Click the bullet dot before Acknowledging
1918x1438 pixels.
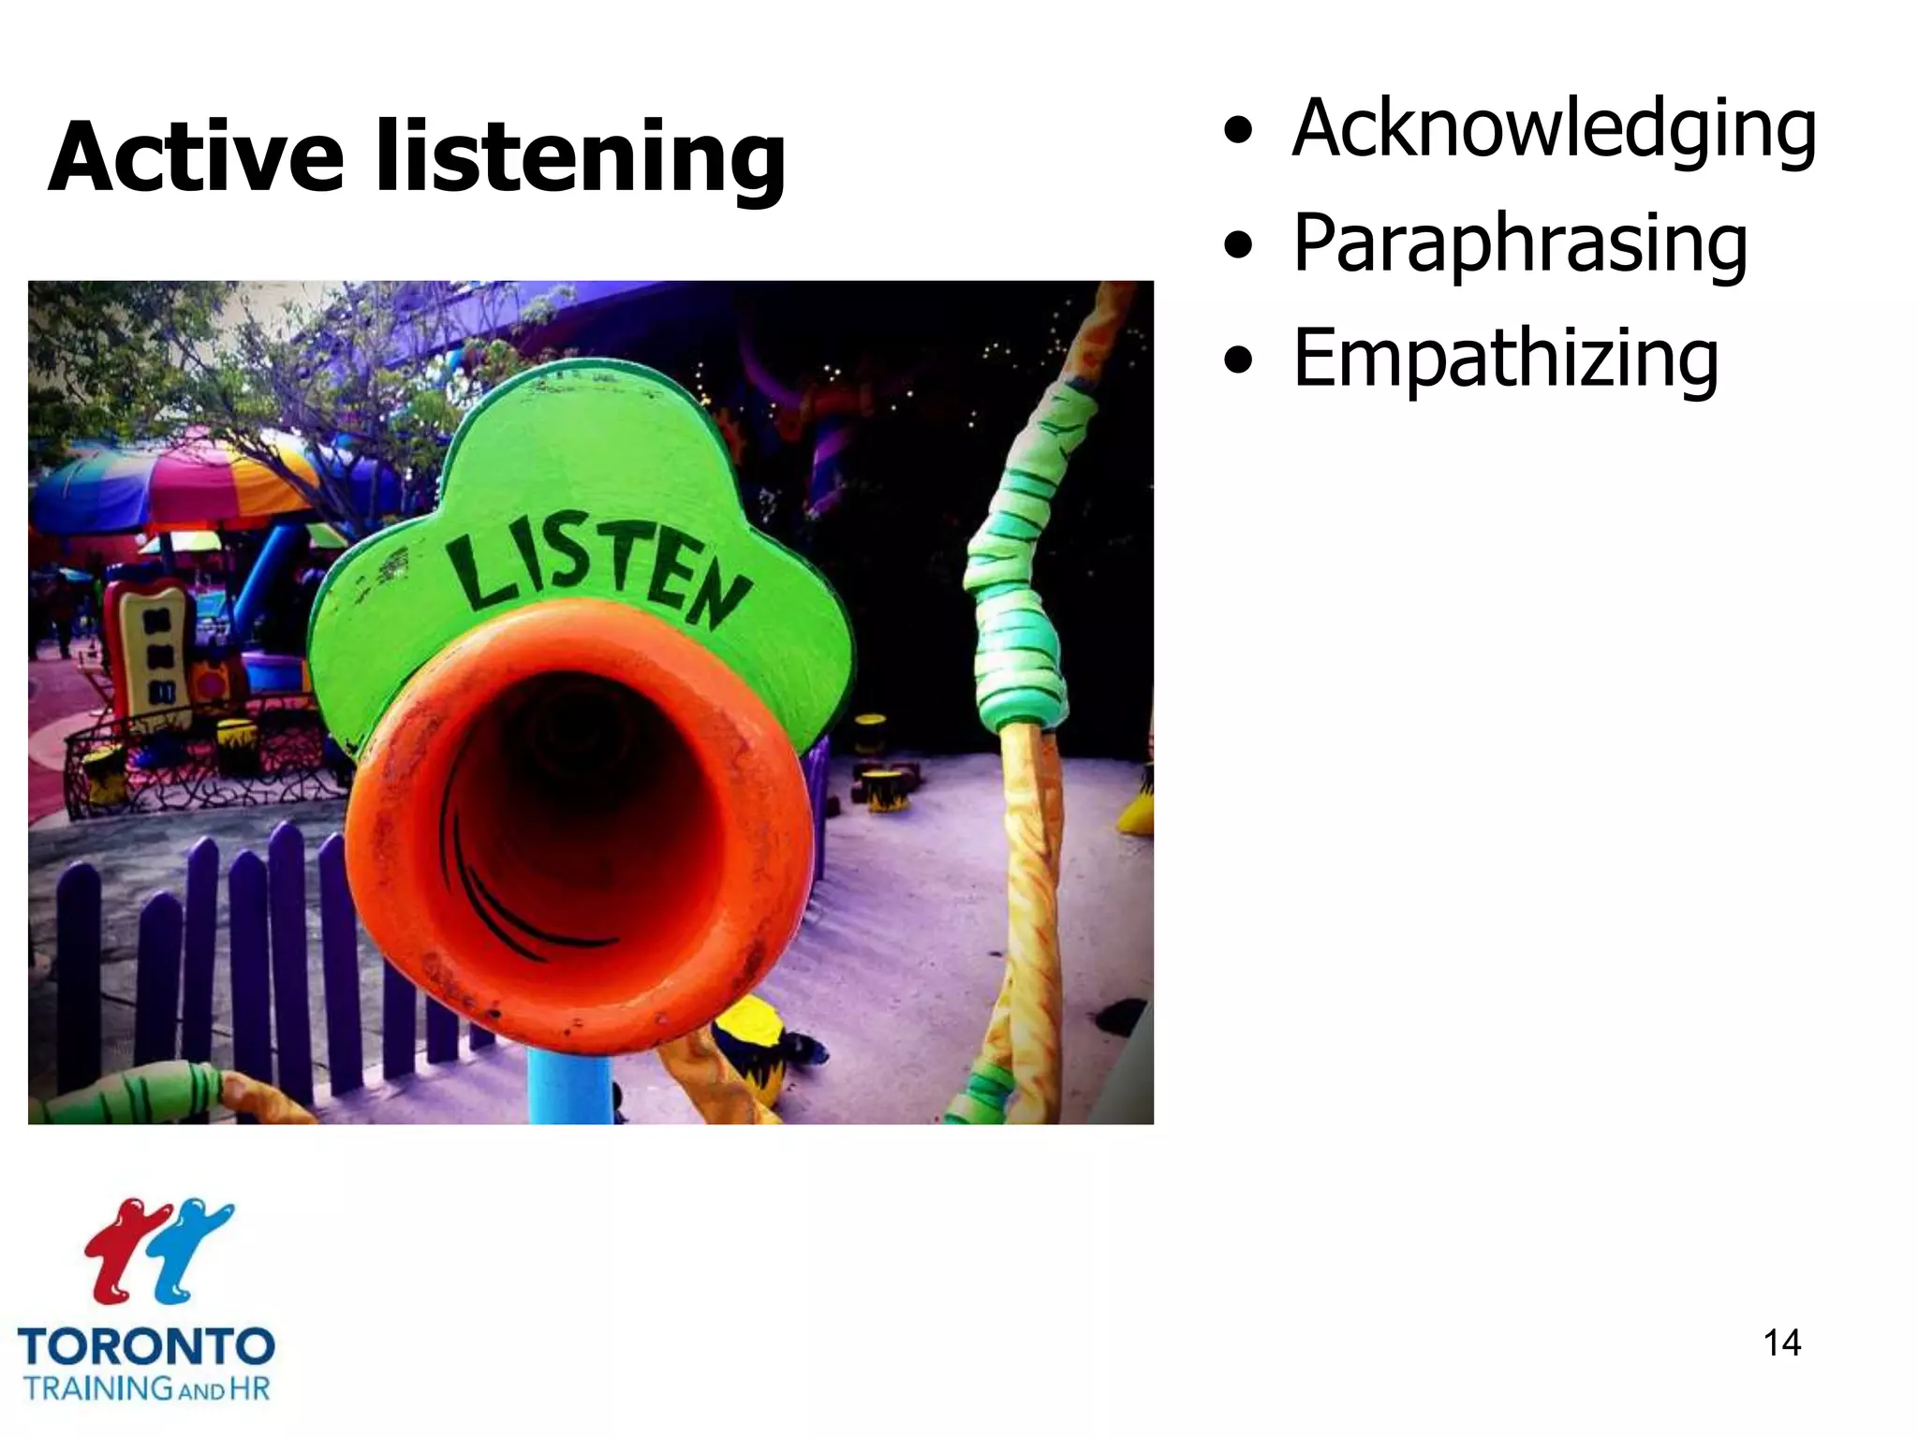tap(1237, 132)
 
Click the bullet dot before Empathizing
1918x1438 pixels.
tap(1237, 360)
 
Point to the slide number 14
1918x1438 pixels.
tap(1781, 1343)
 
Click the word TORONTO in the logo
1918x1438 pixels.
tap(146, 1347)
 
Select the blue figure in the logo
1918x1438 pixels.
tap(187, 1250)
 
